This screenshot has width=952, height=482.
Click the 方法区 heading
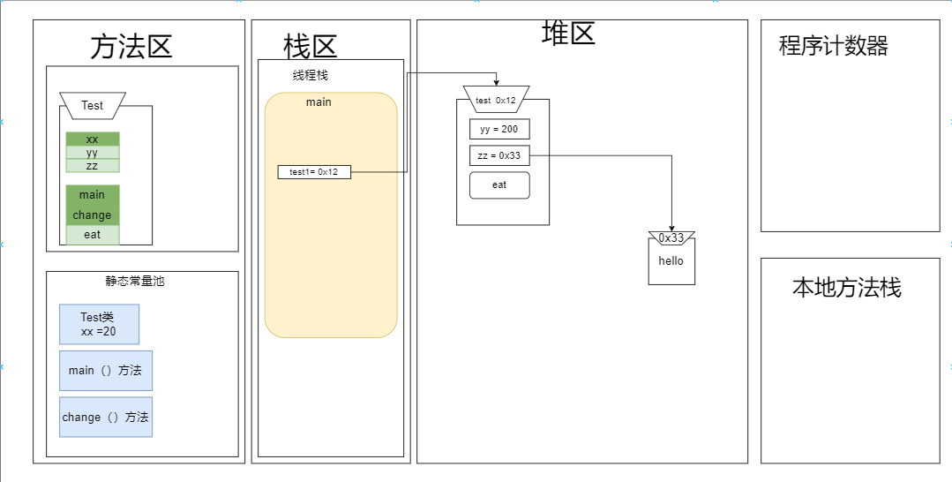click(x=131, y=46)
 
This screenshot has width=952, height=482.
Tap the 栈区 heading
click(x=310, y=46)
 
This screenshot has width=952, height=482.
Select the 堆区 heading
click(x=568, y=34)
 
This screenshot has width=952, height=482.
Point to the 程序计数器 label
click(x=833, y=46)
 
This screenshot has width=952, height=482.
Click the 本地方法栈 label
click(x=846, y=288)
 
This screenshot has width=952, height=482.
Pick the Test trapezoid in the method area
click(x=93, y=105)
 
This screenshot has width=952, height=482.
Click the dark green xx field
click(x=93, y=139)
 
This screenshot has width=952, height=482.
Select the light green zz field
click(x=93, y=165)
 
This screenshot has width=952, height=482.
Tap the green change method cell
click(x=93, y=215)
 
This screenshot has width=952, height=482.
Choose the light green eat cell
click(x=93, y=235)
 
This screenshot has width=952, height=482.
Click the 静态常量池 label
click(x=135, y=282)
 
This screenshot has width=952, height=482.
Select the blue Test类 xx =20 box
click(x=99, y=324)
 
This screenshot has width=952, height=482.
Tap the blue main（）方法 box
click(x=105, y=371)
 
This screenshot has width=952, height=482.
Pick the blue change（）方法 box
click(x=105, y=417)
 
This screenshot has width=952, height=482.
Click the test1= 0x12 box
click(x=314, y=172)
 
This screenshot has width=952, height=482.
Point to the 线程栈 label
click(x=311, y=76)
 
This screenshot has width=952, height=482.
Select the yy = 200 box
click(x=499, y=130)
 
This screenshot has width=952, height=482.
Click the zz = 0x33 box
click(x=499, y=156)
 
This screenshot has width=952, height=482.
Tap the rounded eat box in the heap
click(x=499, y=185)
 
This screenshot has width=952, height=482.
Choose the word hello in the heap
click(x=671, y=261)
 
